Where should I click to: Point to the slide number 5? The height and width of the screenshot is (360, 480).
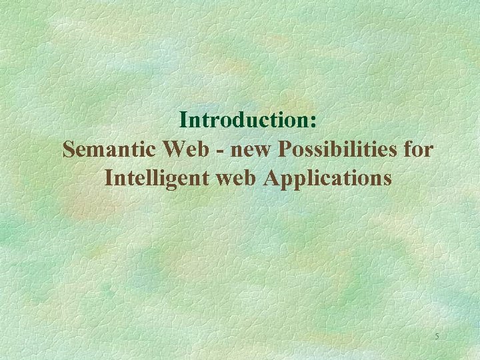coord(437,337)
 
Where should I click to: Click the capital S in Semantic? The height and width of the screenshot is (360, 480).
coord(69,149)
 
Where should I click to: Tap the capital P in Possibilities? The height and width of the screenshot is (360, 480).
coord(285,149)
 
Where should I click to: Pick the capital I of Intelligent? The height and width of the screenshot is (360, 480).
coord(109,178)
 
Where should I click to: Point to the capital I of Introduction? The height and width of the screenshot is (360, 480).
coord(184,120)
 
